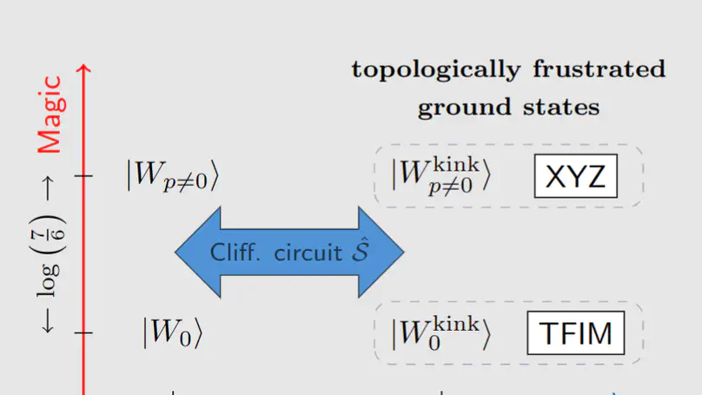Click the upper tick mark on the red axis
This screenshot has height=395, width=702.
tap(84, 176)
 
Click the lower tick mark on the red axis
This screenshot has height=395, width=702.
tap(84, 332)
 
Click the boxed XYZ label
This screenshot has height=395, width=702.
tap(574, 178)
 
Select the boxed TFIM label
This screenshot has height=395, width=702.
tap(576, 333)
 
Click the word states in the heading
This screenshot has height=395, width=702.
tap(564, 109)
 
